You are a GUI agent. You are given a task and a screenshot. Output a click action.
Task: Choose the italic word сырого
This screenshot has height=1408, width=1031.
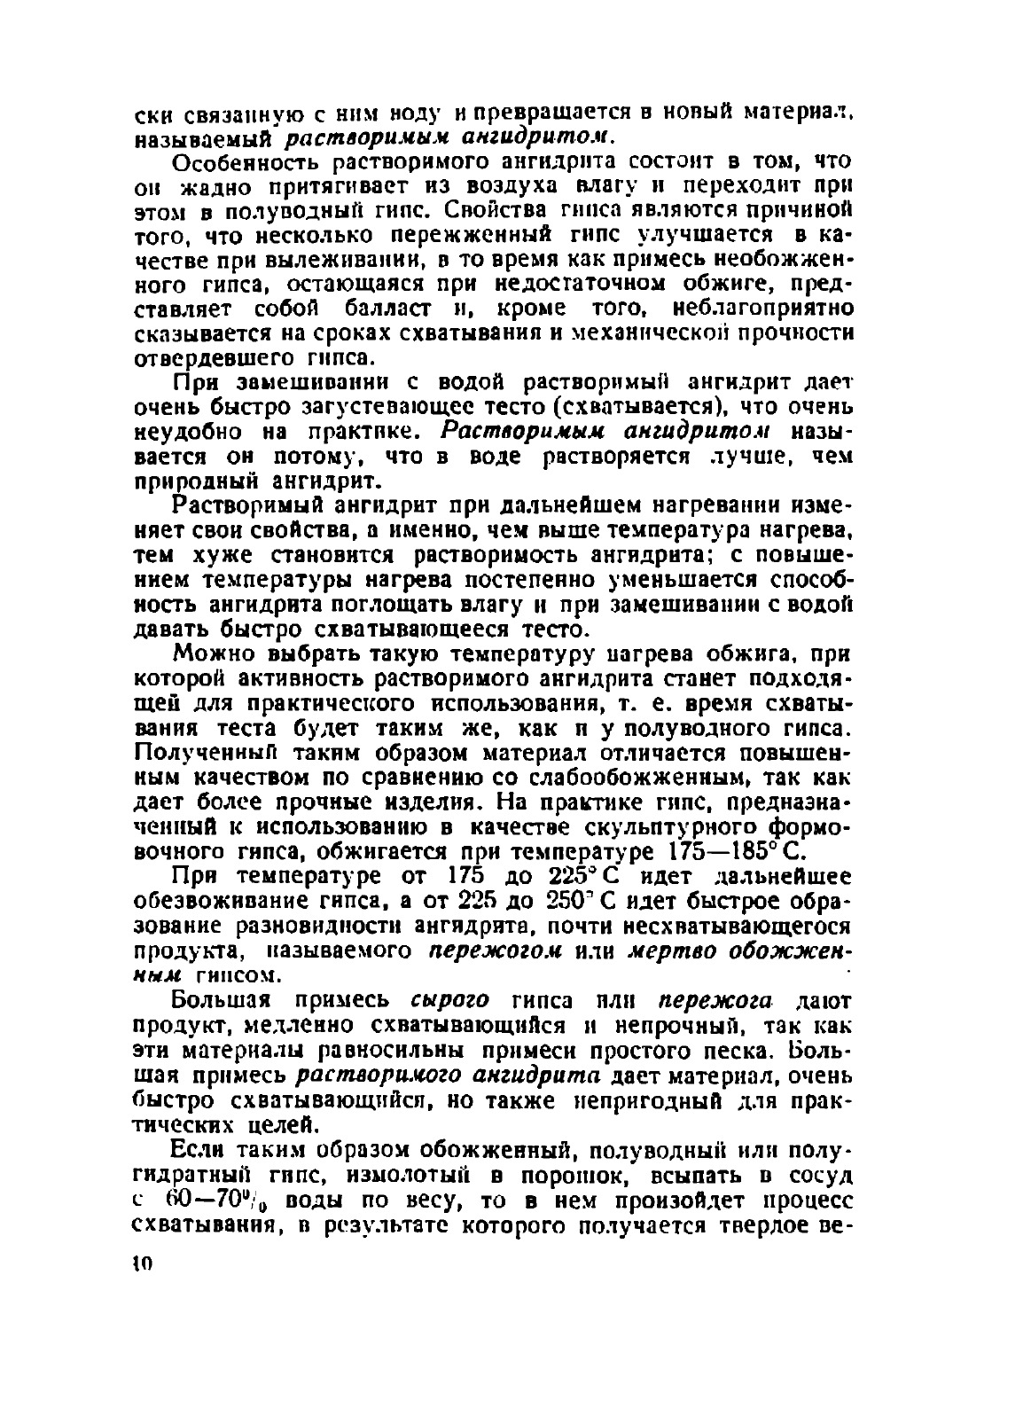449,1000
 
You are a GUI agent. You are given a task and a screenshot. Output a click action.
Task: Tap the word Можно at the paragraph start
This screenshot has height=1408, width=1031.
209,654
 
